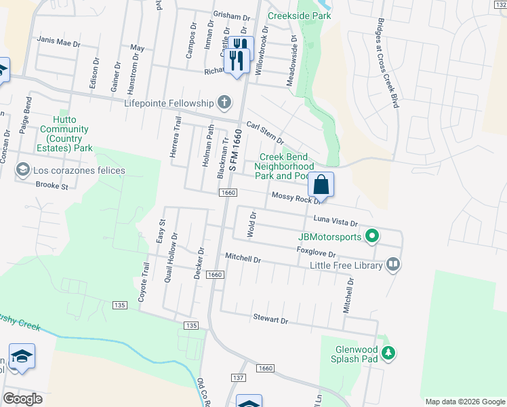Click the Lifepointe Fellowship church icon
(x=224, y=103)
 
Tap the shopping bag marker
(x=321, y=185)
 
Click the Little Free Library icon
(x=393, y=264)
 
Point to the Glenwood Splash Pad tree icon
(x=388, y=353)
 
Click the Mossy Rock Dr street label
(x=295, y=197)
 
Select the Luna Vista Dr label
(x=335, y=220)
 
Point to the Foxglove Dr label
(x=317, y=252)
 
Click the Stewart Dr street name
(x=270, y=317)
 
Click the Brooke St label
(x=52, y=185)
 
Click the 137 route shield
(x=237, y=377)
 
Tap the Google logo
(x=22, y=399)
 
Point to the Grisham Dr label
(x=231, y=16)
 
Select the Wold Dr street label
(x=252, y=224)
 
